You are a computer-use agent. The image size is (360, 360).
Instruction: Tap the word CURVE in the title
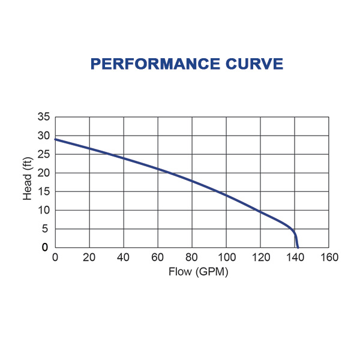coord(253,64)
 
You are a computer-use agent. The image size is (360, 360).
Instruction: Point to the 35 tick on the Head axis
coord(44,117)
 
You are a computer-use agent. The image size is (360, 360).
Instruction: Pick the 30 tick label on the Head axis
coord(44,136)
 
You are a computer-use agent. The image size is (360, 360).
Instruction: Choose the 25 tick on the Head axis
coord(44,154)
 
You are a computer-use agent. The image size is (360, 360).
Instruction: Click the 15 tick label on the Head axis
coord(44,191)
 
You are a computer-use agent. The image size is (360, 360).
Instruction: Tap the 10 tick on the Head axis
coord(44,210)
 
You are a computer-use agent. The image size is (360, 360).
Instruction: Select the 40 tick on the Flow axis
coord(124,258)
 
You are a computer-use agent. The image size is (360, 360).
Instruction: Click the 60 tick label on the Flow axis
coord(158,258)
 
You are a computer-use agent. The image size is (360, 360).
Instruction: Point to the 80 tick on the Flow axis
coord(192,258)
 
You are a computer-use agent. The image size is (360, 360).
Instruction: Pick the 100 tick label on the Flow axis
coord(226,258)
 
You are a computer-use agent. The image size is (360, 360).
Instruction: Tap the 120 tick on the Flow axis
coord(260,258)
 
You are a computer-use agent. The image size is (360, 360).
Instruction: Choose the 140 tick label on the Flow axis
coord(295,258)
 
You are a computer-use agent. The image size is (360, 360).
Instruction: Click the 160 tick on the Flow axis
coord(329,258)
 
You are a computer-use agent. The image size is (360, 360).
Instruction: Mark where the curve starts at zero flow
coord(55,139)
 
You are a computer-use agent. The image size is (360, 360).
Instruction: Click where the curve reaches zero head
coord(298,247)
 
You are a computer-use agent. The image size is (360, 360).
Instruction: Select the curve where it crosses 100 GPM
coord(226,196)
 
